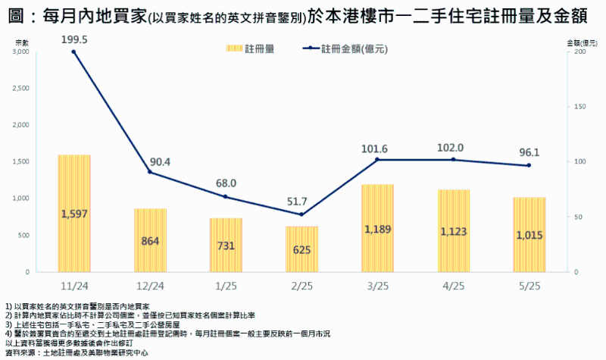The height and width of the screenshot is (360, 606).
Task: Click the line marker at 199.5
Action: click(x=73, y=52)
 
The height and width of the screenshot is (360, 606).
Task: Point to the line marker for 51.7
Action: click(x=301, y=214)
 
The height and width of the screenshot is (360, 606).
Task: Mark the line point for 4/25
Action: click(x=453, y=159)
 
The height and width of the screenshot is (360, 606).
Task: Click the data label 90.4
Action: click(x=161, y=161)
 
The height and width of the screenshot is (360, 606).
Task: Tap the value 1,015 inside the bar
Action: click(x=529, y=235)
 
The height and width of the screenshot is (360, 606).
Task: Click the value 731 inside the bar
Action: click(x=226, y=246)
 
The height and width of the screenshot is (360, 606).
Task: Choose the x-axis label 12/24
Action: click(x=150, y=286)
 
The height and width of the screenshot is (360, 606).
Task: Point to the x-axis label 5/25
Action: click(x=529, y=286)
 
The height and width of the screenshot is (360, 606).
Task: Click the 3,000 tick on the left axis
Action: click(x=21, y=52)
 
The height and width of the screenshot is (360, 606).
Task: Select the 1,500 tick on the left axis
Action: click(x=21, y=161)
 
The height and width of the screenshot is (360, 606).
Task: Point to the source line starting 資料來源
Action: click(x=76, y=352)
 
